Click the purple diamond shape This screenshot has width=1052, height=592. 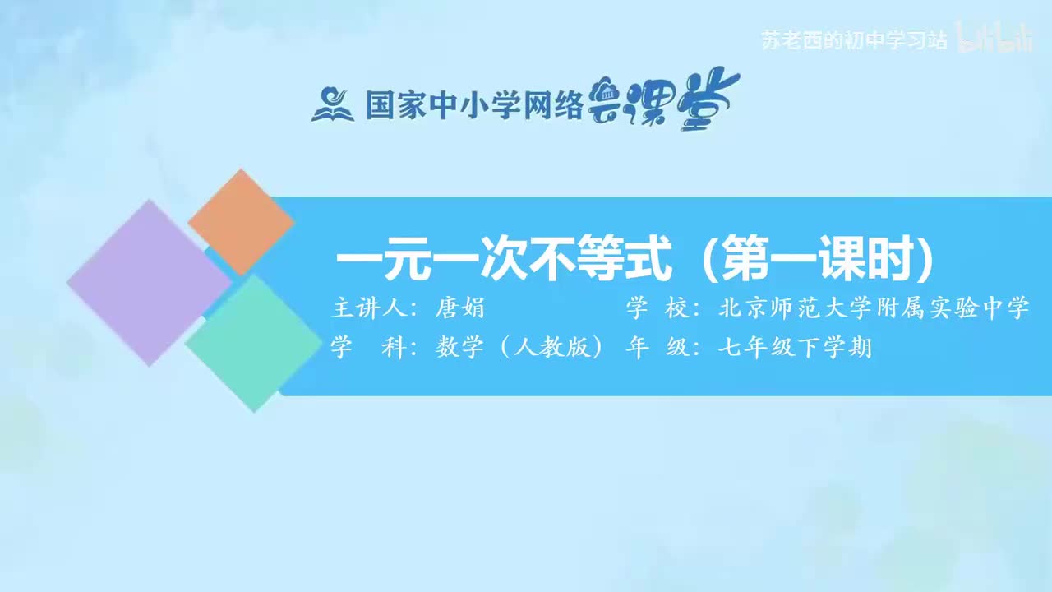point(148,282)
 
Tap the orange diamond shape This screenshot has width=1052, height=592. point(241,222)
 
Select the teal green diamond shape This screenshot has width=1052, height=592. point(253,343)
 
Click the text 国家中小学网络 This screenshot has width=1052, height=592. point(473,106)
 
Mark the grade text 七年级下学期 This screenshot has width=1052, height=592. point(794,349)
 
